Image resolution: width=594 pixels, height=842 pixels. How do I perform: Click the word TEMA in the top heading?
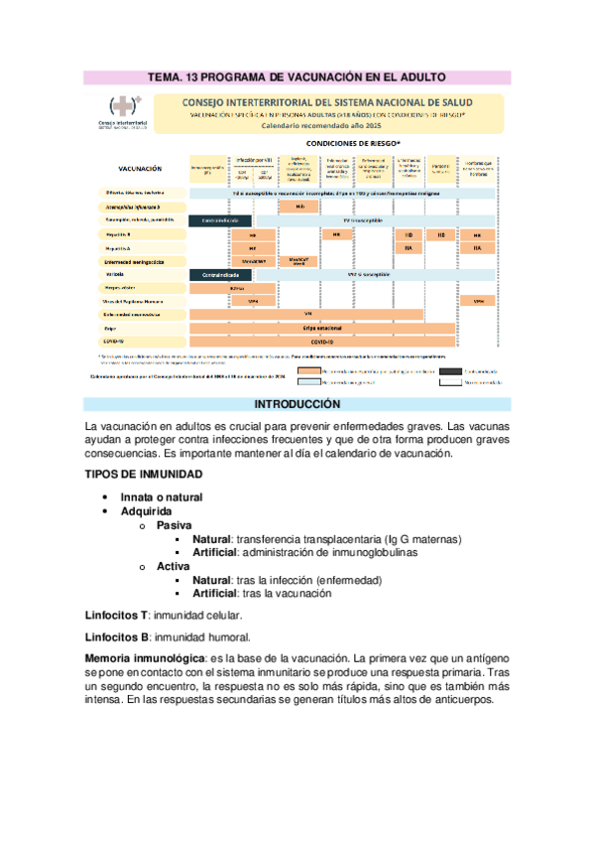(x=167, y=76)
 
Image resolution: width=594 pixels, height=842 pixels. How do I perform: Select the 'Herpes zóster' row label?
(x=123, y=286)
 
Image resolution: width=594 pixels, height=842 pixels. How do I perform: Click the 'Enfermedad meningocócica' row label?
(x=133, y=260)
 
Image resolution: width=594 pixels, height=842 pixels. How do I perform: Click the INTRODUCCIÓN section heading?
(x=297, y=405)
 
